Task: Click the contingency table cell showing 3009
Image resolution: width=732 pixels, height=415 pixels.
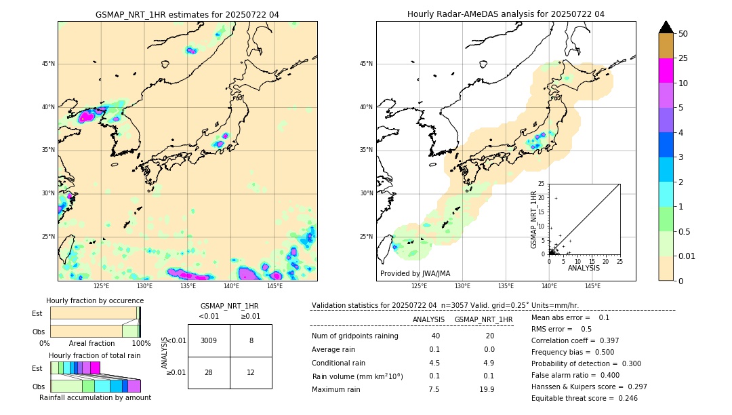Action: point(209,340)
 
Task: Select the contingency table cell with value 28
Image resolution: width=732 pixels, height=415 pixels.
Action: point(209,372)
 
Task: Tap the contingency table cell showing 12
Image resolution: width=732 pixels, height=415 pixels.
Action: point(251,372)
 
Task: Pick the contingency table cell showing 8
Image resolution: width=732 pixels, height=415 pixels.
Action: point(251,340)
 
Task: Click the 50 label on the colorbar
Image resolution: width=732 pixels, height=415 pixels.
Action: point(683,34)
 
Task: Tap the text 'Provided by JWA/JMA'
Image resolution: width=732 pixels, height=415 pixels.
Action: point(415,274)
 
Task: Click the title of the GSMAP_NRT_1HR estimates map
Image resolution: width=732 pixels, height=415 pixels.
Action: point(187,15)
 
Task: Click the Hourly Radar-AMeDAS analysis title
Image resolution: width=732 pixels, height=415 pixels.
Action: point(506,14)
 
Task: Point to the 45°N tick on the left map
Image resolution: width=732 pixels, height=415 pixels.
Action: point(48,64)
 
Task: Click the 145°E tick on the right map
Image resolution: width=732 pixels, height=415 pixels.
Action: point(592,286)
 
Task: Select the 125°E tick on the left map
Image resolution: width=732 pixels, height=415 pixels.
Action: point(101,286)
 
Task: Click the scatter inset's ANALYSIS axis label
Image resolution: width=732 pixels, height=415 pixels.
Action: point(584,268)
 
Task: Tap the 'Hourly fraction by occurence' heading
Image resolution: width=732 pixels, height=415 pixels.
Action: point(95,300)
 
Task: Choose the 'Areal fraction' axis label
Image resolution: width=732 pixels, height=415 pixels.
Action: point(91,343)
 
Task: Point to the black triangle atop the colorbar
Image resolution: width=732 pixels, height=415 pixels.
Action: point(666,27)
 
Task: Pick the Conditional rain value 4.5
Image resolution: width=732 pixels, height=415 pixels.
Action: point(434,362)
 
